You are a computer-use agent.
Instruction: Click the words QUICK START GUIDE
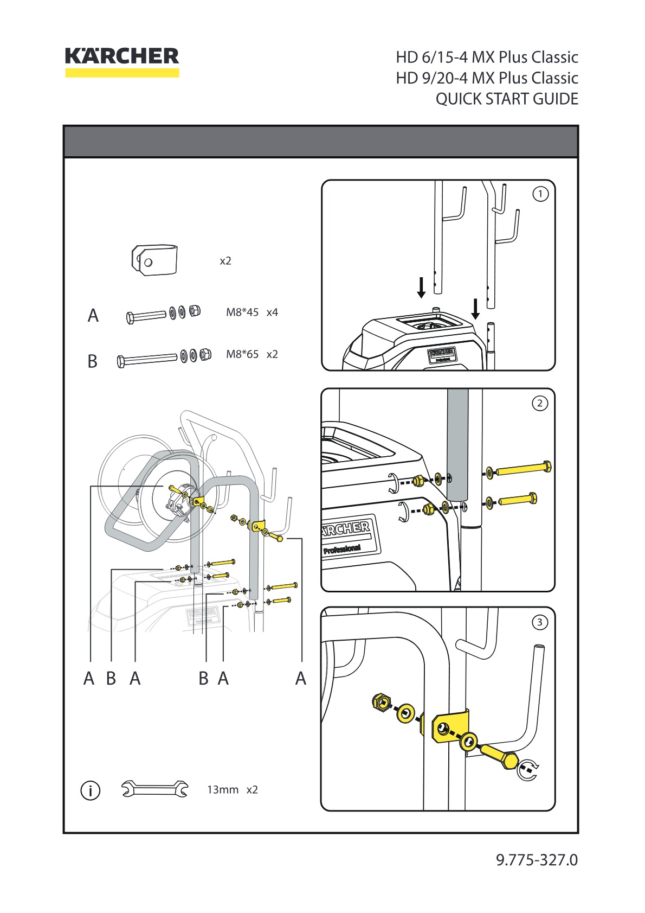click(507, 99)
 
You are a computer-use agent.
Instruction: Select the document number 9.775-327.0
click(537, 860)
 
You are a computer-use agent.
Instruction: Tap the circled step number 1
click(540, 194)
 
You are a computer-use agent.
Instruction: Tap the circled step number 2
click(540, 403)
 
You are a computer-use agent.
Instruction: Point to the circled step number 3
click(540, 622)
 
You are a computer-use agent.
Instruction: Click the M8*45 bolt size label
click(242, 312)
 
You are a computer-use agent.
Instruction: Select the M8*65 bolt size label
click(242, 354)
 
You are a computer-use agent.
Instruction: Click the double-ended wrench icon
click(154, 789)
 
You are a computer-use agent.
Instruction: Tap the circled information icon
click(91, 791)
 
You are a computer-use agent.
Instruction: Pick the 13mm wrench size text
click(223, 789)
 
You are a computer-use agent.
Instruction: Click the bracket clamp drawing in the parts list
click(154, 260)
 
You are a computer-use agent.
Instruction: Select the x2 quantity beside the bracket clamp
click(225, 261)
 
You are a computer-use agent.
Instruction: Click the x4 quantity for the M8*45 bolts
click(272, 312)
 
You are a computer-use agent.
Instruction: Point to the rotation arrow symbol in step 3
click(528, 770)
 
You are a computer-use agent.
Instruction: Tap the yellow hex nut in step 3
click(382, 701)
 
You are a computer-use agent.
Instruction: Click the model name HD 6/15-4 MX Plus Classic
click(487, 57)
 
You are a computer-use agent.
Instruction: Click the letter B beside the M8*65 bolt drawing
click(93, 361)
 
